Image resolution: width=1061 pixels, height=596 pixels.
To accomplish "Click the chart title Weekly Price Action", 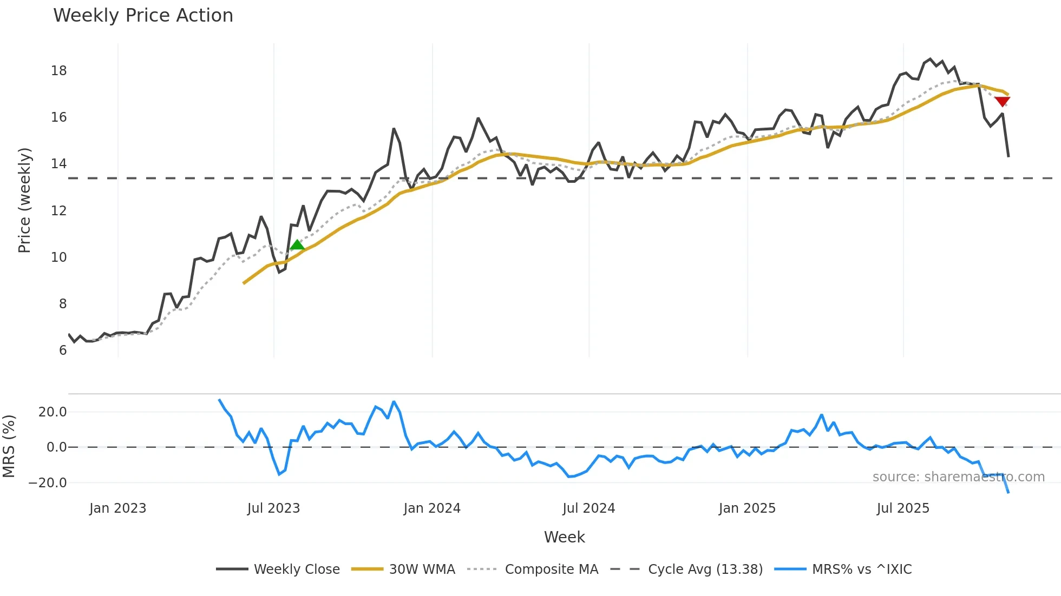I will [143, 16].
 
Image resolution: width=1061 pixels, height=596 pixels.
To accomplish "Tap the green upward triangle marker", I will [297, 245].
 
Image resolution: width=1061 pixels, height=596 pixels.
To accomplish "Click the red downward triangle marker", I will [1002, 102].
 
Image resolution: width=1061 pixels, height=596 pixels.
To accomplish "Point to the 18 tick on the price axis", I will [59, 71].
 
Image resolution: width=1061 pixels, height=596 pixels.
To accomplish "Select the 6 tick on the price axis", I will [63, 350].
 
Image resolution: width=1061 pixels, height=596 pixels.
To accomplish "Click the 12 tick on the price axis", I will [59, 211].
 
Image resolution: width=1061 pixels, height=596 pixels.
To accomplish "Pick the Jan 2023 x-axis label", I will [117, 508].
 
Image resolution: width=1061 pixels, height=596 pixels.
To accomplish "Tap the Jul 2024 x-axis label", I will [588, 508].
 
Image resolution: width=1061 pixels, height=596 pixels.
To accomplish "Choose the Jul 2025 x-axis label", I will [902, 508].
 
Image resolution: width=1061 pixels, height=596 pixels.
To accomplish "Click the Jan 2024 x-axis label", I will [431, 508].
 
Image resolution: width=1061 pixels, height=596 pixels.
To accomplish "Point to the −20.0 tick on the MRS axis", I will [48, 483].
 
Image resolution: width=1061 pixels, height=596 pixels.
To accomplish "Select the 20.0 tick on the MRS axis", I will [53, 412].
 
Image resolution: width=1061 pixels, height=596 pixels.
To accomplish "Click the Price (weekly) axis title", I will [24, 200].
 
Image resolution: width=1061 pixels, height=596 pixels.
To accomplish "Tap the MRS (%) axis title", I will [9, 446].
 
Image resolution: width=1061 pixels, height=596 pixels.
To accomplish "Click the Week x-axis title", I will [564, 537].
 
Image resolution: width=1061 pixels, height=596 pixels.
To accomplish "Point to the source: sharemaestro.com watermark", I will [958, 477].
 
